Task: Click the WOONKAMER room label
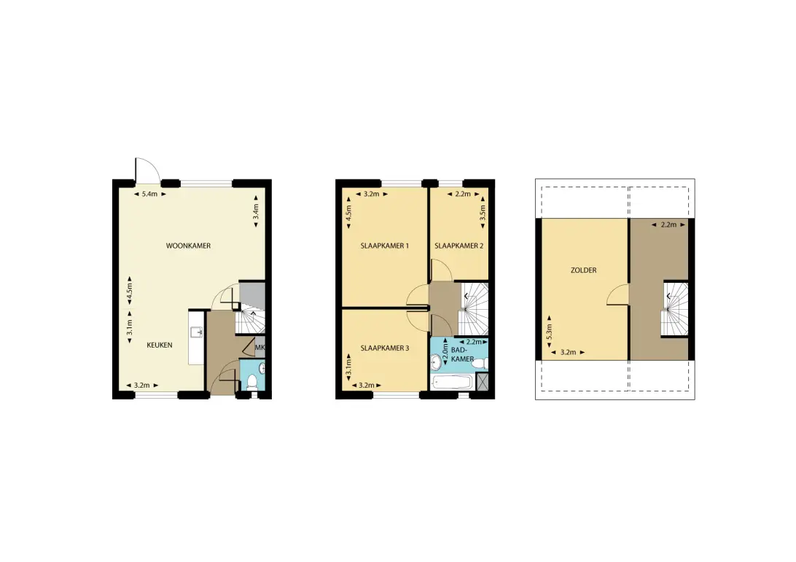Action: coord(188,246)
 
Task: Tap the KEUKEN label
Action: coord(160,346)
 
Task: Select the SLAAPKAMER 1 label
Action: coord(384,246)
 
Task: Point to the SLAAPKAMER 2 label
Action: coord(459,246)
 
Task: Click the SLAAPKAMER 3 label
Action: coord(384,348)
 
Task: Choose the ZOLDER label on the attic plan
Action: coord(583,270)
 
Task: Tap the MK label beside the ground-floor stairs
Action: coord(260,348)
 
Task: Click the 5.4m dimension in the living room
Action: coord(149,194)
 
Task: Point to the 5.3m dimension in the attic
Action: coord(549,332)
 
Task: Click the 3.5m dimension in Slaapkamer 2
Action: coord(483,211)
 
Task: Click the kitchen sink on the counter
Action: coord(197,332)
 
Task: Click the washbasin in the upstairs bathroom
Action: coord(436,362)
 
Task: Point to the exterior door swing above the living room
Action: coord(148,170)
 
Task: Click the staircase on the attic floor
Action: coord(674,308)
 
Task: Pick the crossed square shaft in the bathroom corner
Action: coord(482,381)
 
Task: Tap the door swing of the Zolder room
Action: coord(618,294)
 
